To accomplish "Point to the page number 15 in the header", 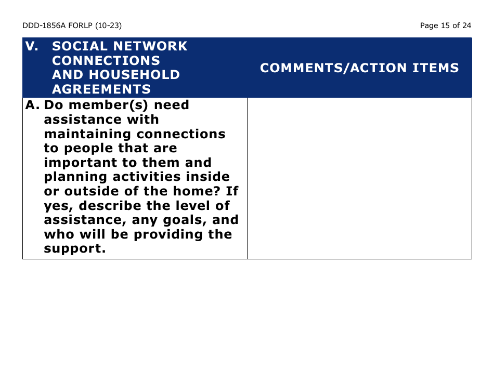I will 445,25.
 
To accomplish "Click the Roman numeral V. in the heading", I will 32,46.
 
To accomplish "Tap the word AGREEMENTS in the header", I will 101,89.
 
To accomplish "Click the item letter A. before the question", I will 32,105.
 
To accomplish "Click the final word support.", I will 75,248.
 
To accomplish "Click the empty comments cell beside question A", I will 359,178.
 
